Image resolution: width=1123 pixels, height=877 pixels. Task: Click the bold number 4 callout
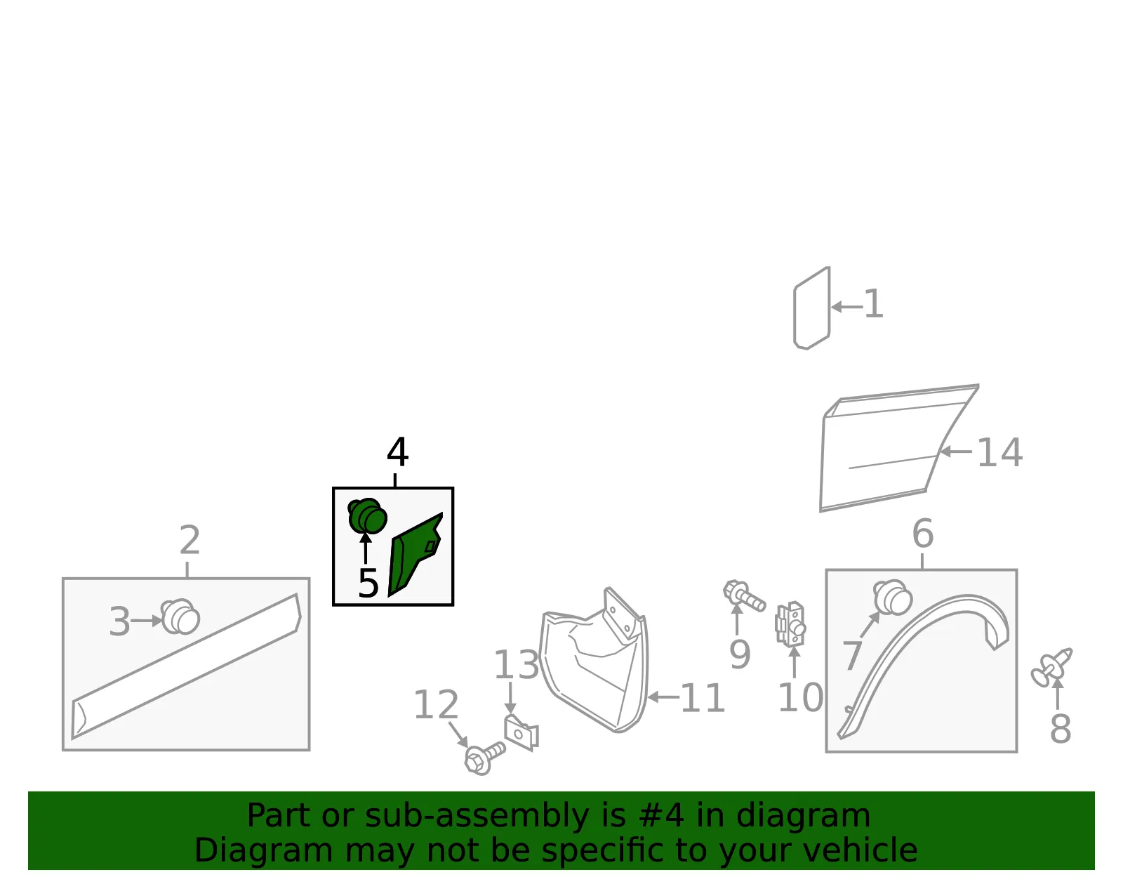pos(397,451)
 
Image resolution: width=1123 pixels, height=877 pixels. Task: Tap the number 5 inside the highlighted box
pos(368,583)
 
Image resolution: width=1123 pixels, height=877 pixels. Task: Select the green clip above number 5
pos(367,516)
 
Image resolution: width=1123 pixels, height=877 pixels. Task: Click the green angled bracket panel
pos(415,553)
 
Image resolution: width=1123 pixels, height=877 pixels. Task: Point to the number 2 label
pos(190,540)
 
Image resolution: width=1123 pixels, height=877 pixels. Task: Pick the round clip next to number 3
pos(180,616)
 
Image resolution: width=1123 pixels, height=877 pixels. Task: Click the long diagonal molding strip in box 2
pos(186,666)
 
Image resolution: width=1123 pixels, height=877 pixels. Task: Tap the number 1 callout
pos(873,304)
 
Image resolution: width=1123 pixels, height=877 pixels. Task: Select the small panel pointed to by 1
pos(812,308)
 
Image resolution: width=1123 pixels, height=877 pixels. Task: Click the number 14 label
pos(999,453)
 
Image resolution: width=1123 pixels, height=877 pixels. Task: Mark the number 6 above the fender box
pos(923,534)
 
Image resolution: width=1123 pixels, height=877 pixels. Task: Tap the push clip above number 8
pos(1051,668)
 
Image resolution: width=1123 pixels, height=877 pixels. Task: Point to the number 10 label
pos(801,698)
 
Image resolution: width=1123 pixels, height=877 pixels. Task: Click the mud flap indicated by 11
pos(594,661)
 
